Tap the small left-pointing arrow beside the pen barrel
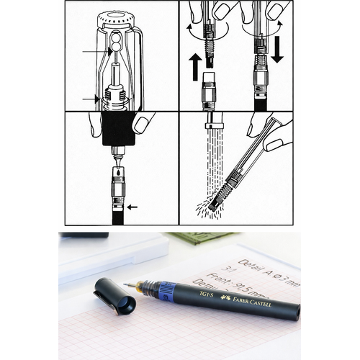(131, 207)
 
